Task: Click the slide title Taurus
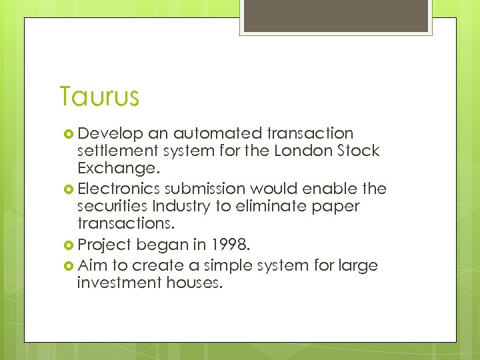tap(99, 97)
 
